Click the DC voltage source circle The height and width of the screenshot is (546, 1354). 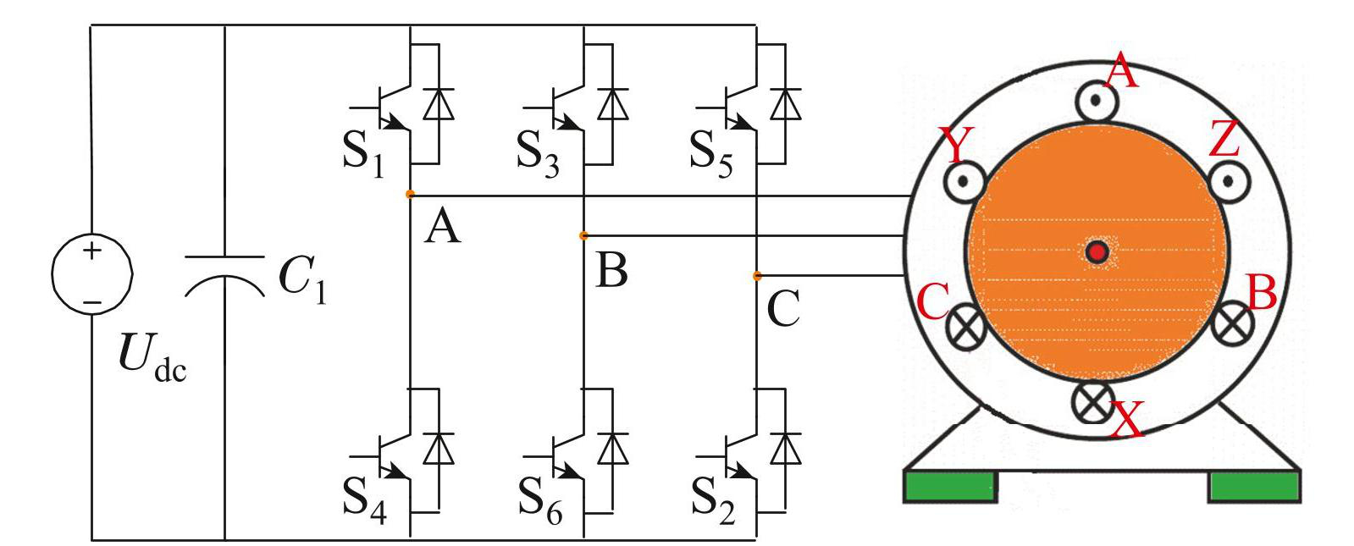91,277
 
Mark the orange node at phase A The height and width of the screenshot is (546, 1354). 410,195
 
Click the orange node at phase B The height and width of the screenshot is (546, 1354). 583,235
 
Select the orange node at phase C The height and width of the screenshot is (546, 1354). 757,276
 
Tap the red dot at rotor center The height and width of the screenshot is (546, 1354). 1097,251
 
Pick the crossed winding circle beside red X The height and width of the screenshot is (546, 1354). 1092,401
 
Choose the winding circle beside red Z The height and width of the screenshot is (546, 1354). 1229,179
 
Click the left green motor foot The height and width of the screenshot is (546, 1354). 950,488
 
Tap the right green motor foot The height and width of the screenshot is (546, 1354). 1253,488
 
